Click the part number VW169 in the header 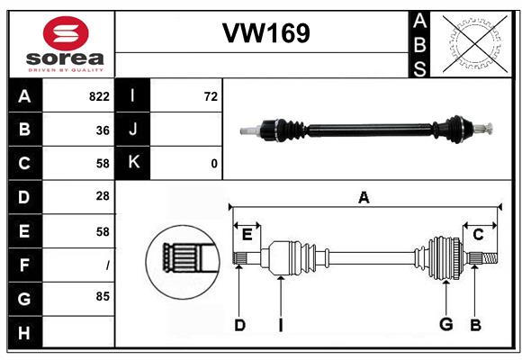click(x=266, y=34)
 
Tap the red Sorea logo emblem click(x=66, y=35)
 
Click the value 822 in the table click(x=99, y=96)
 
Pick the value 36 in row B click(x=103, y=130)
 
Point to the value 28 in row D click(x=103, y=196)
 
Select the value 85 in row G click(x=103, y=296)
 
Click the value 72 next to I click(x=211, y=96)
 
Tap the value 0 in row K click(x=214, y=164)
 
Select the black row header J click(x=133, y=130)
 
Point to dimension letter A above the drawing click(x=364, y=197)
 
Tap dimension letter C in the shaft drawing click(x=478, y=235)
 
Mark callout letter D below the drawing click(x=239, y=325)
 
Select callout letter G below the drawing click(x=445, y=325)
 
